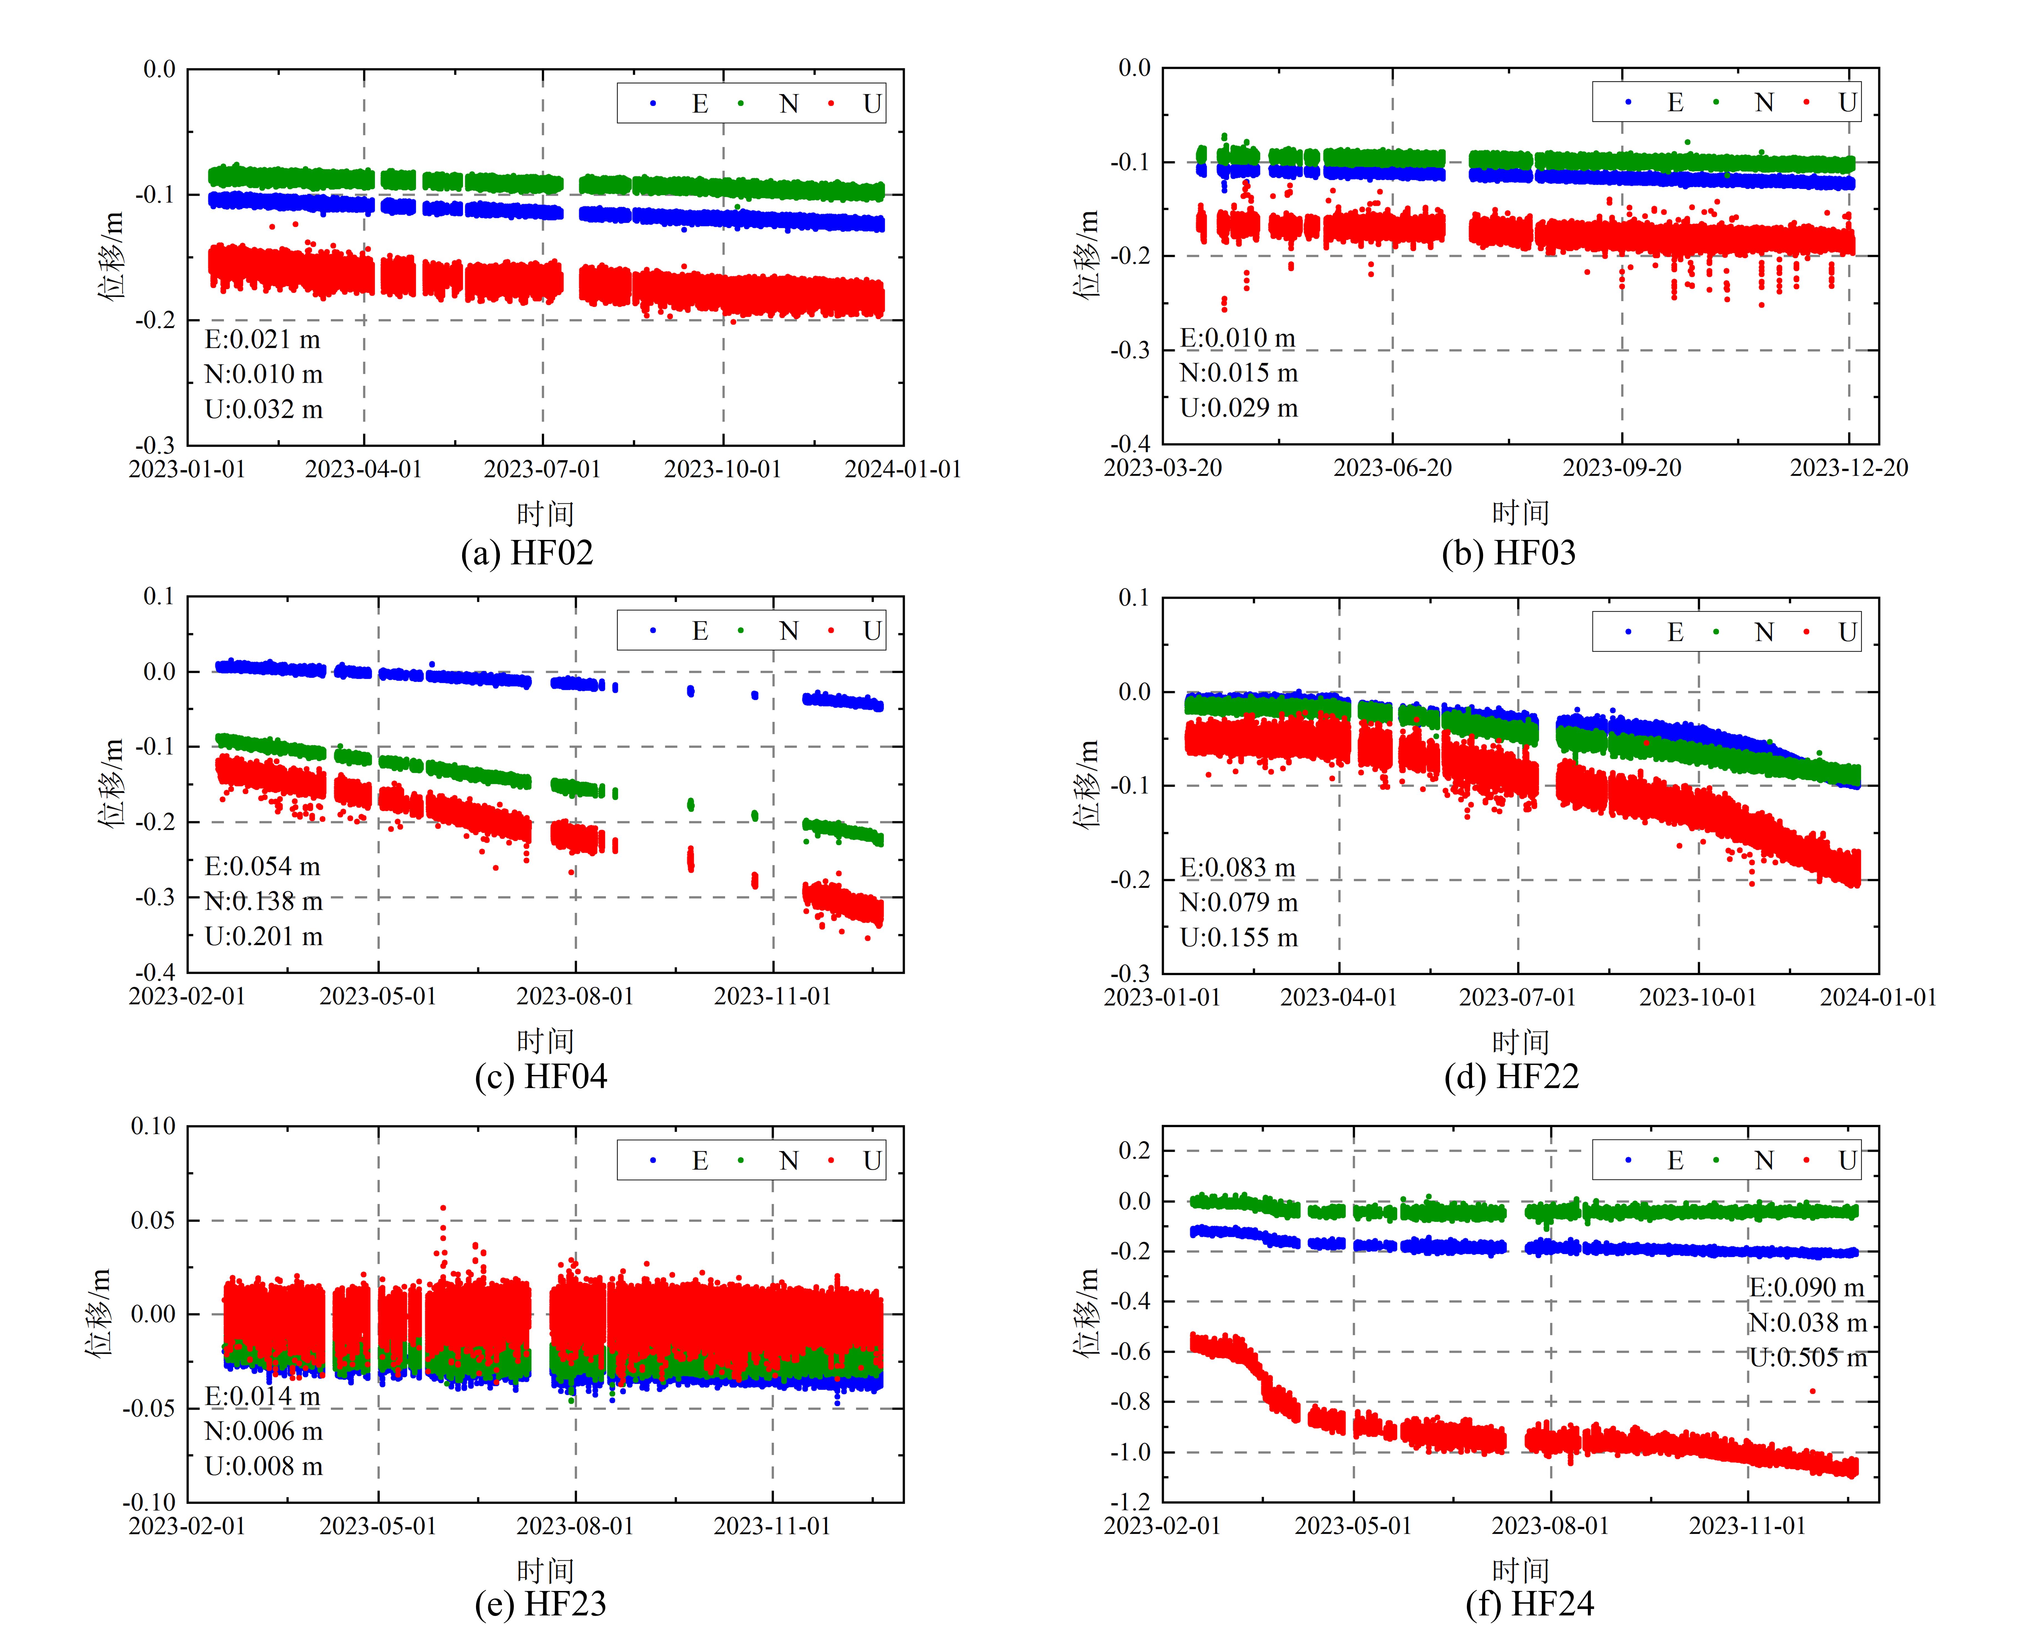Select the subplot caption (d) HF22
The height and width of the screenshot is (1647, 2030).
(1511, 1077)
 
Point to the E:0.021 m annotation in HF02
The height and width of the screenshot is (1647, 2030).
(263, 340)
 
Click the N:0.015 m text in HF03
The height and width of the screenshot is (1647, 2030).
(1238, 373)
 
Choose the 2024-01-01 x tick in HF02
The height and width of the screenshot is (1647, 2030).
(903, 470)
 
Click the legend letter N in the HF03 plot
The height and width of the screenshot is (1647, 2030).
(1764, 102)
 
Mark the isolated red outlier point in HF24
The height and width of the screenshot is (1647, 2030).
(1813, 1392)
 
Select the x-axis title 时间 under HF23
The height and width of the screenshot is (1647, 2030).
(545, 1571)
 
